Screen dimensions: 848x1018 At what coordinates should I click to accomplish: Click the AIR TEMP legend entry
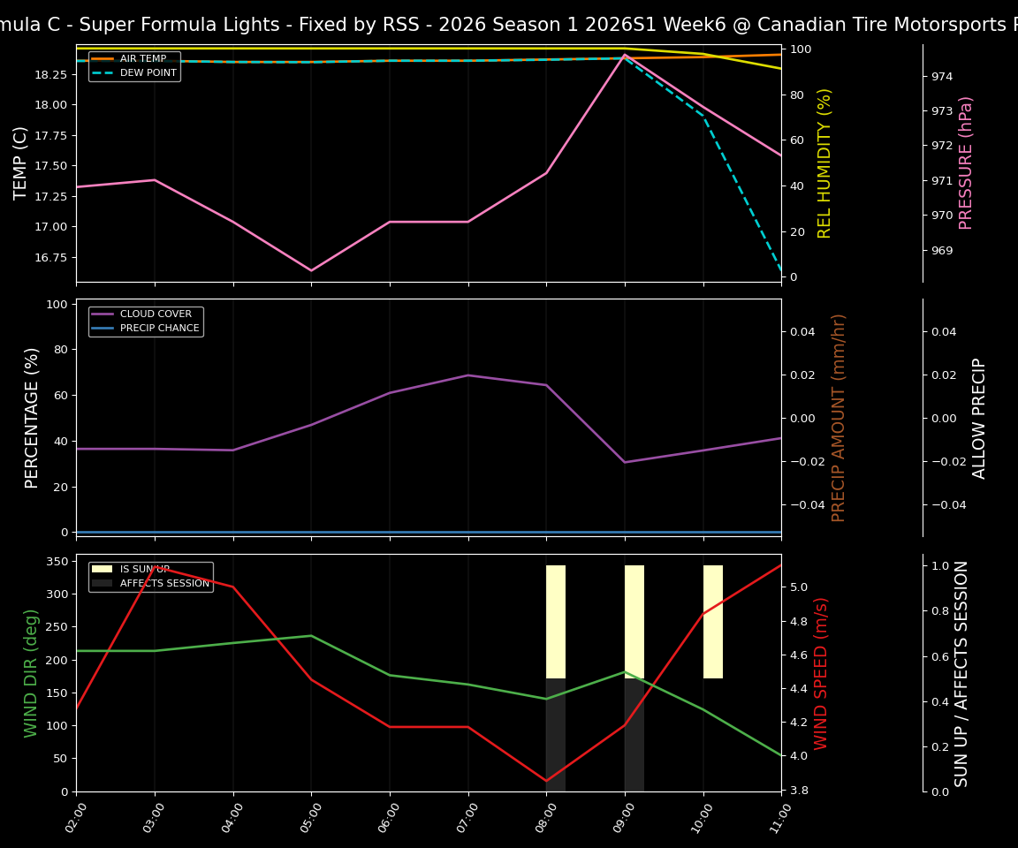coord(142,59)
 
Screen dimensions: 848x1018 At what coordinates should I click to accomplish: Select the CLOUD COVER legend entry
coord(155,314)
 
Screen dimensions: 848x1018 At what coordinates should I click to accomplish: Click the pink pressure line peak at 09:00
coord(625,55)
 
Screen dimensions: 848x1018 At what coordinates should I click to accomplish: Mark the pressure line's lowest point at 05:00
coord(311,271)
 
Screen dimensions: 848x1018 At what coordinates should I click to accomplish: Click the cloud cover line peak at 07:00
coord(468,375)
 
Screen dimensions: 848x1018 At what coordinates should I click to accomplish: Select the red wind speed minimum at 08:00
coord(546,781)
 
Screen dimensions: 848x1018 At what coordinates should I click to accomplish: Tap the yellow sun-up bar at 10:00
coord(713,622)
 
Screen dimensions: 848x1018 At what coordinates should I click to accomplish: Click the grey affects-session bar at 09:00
coord(634,735)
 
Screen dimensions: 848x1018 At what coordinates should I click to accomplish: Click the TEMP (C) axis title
coord(20,163)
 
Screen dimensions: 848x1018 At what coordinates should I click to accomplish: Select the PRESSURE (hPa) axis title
coord(966,163)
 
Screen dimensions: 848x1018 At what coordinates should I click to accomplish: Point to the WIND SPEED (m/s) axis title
coord(821,673)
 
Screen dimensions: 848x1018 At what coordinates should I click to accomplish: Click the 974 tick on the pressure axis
coord(941,77)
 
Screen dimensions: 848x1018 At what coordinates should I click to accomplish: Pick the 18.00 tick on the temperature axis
coord(51,105)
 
